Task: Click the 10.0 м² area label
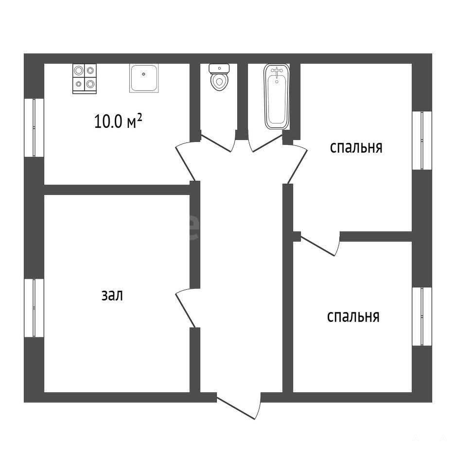(118, 121)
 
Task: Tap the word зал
(112, 295)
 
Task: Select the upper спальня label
(356, 147)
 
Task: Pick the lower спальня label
(353, 316)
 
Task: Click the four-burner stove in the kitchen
(84, 79)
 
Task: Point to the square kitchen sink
(144, 78)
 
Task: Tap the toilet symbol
(219, 77)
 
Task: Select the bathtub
(277, 97)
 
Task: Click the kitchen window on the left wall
(34, 128)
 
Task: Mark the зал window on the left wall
(34, 308)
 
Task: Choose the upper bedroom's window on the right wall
(422, 140)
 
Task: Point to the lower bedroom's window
(422, 316)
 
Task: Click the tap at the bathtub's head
(277, 71)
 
